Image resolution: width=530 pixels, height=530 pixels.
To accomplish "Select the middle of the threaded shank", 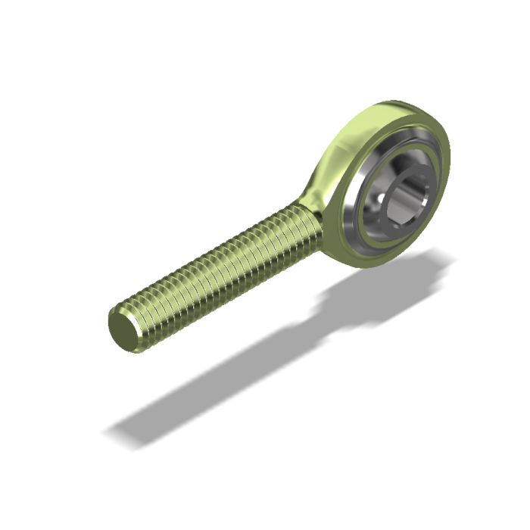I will click(220, 273).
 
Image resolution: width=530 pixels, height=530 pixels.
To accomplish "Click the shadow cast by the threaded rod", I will click(227, 379).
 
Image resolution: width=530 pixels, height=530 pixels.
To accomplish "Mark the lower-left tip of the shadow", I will click(114, 435).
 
